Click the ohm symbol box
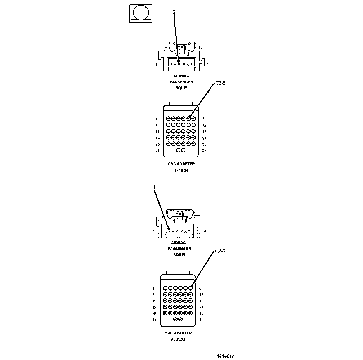pyautogui.click(x=140, y=14)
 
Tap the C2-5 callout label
pyautogui.click(x=220, y=83)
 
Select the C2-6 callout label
pyautogui.click(x=220, y=251)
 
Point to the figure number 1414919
pyautogui.click(x=225, y=356)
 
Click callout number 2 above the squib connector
pyautogui.click(x=174, y=12)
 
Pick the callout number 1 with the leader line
pyautogui.click(x=154, y=187)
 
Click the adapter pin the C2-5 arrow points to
pyautogui.click(x=188, y=118)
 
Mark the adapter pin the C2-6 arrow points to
pyautogui.click(x=191, y=288)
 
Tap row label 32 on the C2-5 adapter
pyautogui.click(x=204, y=150)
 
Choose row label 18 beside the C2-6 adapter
pyautogui.click(x=201, y=301)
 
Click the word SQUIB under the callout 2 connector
pyautogui.click(x=179, y=88)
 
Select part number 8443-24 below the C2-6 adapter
pyautogui.click(x=178, y=340)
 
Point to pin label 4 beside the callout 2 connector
pyautogui.click(x=207, y=65)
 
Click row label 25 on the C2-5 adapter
pyautogui.click(x=157, y=144)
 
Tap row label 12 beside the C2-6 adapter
pyautogui.click(x=201, y=294)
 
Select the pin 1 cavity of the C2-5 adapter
pyautogui.click(x=168, y=118)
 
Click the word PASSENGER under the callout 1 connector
pyautogui.click(x=179, y=249)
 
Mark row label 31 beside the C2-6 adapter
pyautogui.click(x=154, y=320)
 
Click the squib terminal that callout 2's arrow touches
pyautogui.click(x=178, y=64)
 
